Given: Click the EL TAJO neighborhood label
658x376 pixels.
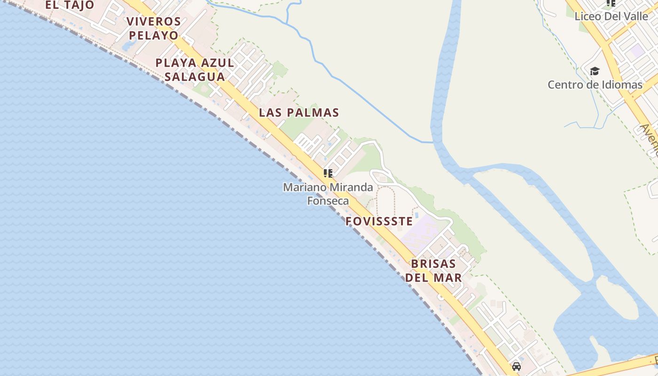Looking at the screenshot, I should [x=70, y=5].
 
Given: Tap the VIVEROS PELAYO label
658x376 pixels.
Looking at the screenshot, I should [x=154, y=28].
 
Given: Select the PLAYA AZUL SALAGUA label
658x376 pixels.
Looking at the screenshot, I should [x=195, y=70].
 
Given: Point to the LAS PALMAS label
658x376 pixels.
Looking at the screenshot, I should [x=299, y=113].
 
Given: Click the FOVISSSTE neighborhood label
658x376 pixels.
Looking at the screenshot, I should [x=379, y=221].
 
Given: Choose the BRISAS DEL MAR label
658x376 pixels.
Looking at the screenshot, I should [x=433, y=271].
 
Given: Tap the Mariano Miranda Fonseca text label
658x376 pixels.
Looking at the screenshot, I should [x=328, y=194].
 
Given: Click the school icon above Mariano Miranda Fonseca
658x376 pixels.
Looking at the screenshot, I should [x=328, y=173].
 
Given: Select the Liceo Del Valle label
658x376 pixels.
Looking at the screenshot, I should [x=611, y=16].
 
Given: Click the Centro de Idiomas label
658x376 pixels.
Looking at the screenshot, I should [x=595, y=85].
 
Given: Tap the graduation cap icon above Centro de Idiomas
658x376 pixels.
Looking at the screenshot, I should [x=595, y=71].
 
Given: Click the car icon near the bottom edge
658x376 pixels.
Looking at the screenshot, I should [x=517, y=367].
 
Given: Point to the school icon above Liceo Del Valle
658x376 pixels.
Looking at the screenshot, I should [x=611, y=3].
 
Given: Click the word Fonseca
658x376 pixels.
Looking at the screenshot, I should [x=328, y=201].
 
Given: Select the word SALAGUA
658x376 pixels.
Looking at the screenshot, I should [x=195, y=76].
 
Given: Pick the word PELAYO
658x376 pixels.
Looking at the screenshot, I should [x=154, y=35].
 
